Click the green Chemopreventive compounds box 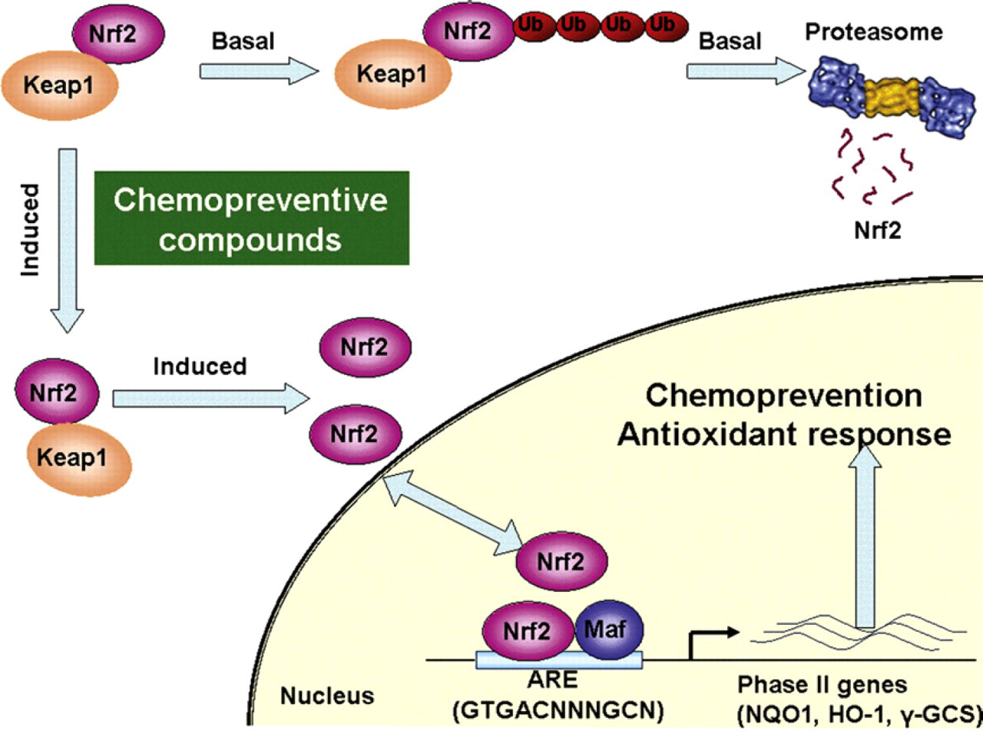[251, 218]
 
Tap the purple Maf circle [608, 630]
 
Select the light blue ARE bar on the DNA [559, 660]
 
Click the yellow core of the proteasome [892, 98]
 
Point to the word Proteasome [873, 32]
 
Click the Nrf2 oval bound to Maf [528, 631]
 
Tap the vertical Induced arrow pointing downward [68, 240]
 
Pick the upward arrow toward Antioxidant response [864, 537]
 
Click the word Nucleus [327, 695]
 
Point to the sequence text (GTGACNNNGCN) [558, 710]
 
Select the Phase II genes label [822, 684]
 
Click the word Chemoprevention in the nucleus [783, 395]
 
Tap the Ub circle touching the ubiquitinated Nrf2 [533, 26]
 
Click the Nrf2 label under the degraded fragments [878, 231]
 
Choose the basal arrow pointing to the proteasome [746, 71]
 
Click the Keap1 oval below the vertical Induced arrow [79, 460]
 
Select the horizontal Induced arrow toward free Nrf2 [211, 399]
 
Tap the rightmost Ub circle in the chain [666, 26]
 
